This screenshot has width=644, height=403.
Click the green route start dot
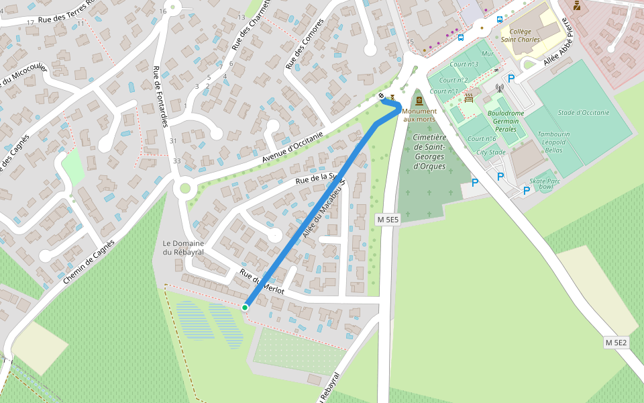tap(245, 307)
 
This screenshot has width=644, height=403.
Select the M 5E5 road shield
tap(387, 220)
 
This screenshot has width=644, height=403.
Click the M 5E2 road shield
tap(616, 343)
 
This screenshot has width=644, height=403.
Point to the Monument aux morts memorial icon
tap(419, 101)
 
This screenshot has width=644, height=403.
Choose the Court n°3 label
tap(464, 64)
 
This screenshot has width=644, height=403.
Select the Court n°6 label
tap(482, 138)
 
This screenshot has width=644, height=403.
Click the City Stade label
tap(490, 152)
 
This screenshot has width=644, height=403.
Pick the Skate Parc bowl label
tap(545, 183)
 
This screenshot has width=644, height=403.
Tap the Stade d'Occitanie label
tap(583, 112)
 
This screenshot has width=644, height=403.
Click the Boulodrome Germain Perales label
tap(506, 121)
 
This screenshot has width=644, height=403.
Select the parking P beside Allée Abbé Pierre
tap(511, 79)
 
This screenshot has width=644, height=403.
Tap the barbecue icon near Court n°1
tap(468, 98)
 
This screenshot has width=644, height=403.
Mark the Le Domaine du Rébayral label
tap(182, 247)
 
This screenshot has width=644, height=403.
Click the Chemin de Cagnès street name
tap(89, 261)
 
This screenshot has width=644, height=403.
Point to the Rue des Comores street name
tap(304, 44)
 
